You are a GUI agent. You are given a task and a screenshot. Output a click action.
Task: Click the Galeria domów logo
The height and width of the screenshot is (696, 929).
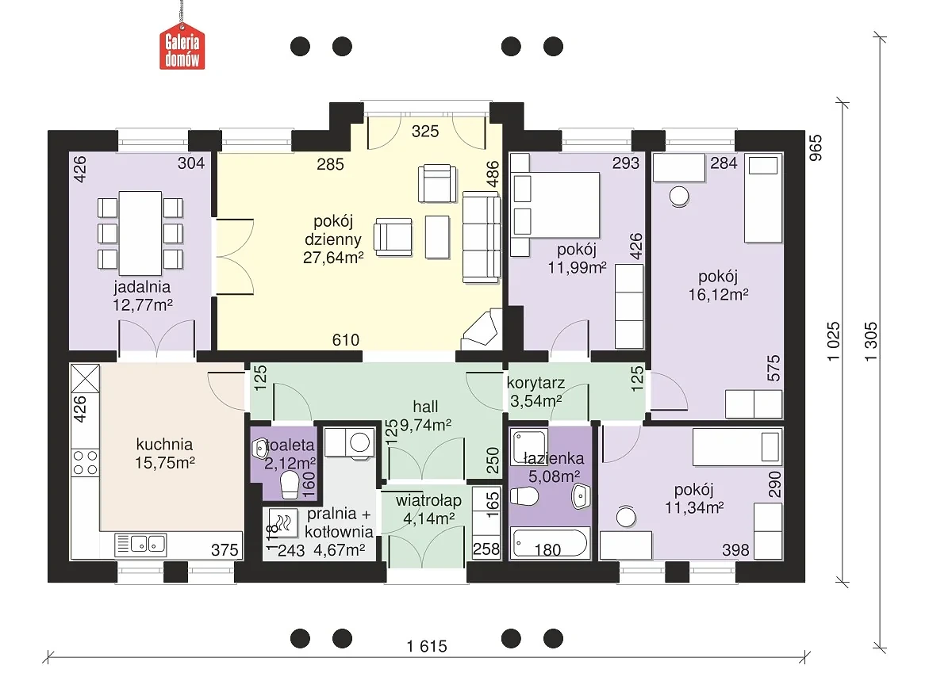[x=182, y=46]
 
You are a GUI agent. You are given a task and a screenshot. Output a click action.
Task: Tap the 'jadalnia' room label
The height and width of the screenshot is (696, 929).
[x=142, y=287]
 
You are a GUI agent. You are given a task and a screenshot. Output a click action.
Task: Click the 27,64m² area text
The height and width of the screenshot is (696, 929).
[x=333, y=258]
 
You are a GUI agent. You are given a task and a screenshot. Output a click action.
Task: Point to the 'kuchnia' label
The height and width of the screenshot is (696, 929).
[x=165, y=445]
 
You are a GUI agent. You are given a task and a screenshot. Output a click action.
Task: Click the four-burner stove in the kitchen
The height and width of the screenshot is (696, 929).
[x=86, y=463]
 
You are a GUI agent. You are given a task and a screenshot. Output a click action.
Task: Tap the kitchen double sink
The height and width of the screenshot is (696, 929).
[x=140, y=544]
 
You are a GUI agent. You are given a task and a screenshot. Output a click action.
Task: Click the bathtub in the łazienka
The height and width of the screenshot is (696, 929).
[x=550, y=543]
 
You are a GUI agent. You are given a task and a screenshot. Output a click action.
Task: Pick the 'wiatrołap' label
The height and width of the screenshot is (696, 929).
[x=428, y=501]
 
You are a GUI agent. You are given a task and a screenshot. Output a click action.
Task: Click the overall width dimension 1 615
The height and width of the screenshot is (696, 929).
[x=427, y=646]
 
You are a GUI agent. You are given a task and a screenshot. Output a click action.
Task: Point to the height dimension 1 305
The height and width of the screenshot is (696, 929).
[x=871, y=342]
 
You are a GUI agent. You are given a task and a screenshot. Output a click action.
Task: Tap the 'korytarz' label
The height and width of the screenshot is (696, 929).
[x=536, y=383]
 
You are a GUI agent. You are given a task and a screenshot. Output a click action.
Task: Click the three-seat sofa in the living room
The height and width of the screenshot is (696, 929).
[x=481, y=237]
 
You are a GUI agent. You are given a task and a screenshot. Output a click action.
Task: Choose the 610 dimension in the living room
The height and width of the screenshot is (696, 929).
[x=345, y=340]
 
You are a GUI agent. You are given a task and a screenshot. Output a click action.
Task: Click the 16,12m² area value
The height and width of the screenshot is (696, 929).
[x=718, y=294]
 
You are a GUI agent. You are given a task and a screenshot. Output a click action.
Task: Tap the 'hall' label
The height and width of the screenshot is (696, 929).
[x=425, y=407]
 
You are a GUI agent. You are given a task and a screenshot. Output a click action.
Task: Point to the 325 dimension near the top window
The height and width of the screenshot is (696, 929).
[x=425, y=131]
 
